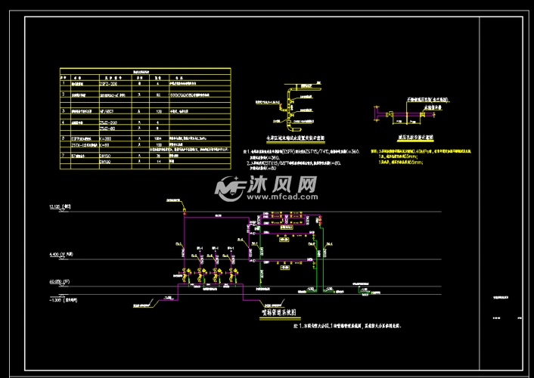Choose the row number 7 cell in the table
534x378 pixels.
click(65, 154)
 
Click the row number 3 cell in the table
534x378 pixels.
click(65, 111)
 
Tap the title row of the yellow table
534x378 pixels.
click(144, 71)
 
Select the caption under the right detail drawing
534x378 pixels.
click(397, 138)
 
